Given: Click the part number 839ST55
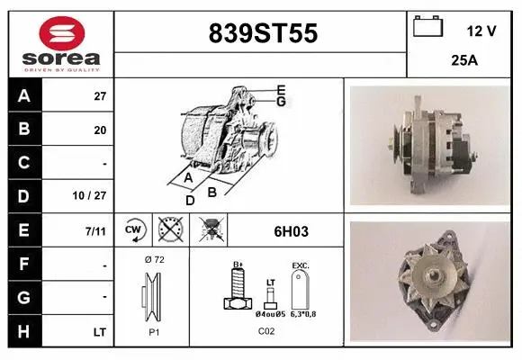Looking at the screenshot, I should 262,33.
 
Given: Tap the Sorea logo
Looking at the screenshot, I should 60,43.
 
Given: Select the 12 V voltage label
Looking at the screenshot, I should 481,31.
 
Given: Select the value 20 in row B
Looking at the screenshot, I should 100,130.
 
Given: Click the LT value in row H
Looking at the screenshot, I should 99,332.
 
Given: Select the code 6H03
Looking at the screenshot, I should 291,231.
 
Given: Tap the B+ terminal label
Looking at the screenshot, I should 238,265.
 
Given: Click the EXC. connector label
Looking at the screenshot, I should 300,266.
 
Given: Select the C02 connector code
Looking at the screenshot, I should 266,331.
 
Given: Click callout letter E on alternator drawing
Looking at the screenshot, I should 281,89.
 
